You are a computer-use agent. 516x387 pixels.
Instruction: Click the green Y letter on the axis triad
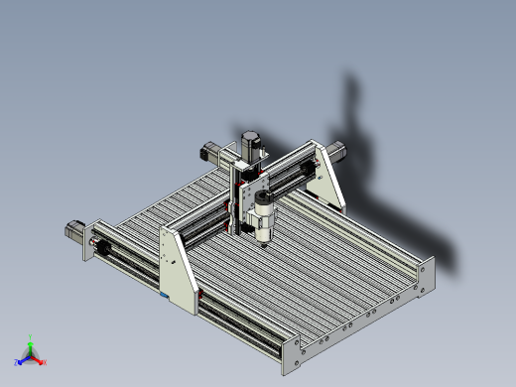31,336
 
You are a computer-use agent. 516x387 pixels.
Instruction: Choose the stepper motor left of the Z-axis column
210,154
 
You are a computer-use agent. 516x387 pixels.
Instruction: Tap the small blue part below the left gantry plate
165,295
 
